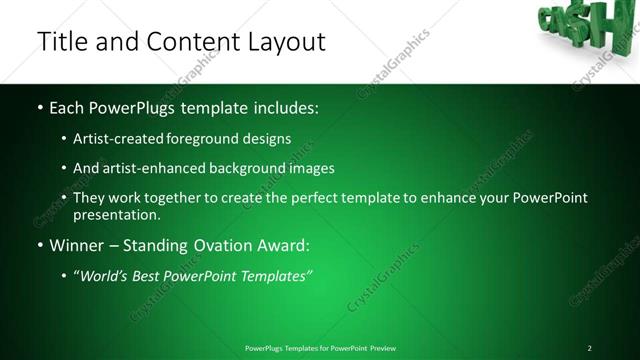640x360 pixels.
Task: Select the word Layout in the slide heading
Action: pos(283,42)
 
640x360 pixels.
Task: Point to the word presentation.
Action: pos(116,214)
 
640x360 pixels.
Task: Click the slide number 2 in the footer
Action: pos(589,348)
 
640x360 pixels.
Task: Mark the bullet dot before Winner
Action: pos(39,245)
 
